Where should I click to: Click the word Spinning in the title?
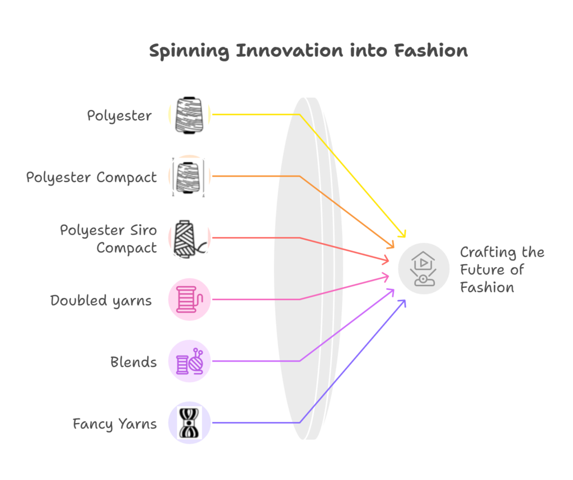click(x=189, y=51)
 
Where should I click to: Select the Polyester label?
click(x=119, y=116)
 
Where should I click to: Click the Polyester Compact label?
click(x=91, y=178)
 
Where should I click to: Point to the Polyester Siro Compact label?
click(x=109, y=239)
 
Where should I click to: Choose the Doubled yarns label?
click(x=101, y=301)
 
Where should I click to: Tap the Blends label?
click(x=133, y=362)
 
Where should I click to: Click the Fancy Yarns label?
click(x=115, y=424)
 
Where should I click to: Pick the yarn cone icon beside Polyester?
click(x=189, y=115)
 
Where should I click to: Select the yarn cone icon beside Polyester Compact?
click(x=189, y=177)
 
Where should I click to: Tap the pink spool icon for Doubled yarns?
click(x=189, y=300)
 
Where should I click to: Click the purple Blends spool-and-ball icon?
click(x=189, y=361)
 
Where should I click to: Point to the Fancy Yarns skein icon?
click(x=189, y=422)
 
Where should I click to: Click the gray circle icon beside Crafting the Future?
click(x=424, y=269)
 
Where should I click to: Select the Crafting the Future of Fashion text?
click(x=502, y=270)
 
